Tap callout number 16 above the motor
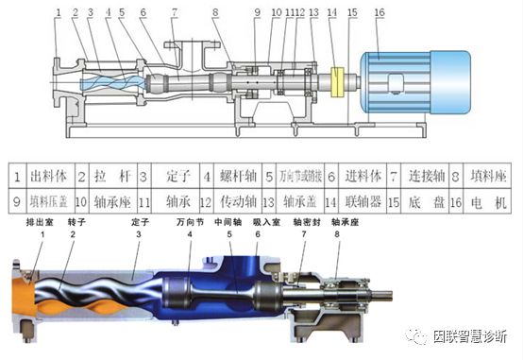coord(380,13)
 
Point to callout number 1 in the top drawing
coord(58,13)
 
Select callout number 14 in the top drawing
coord(331,13)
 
